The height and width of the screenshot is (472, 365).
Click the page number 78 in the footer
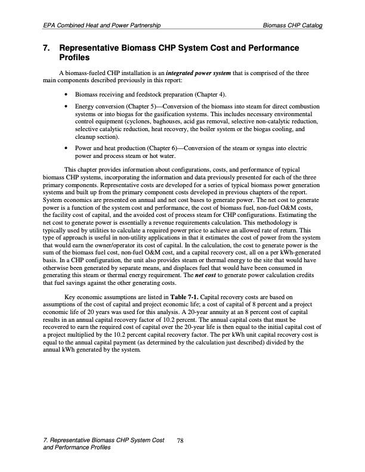click(x=181, y=440)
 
